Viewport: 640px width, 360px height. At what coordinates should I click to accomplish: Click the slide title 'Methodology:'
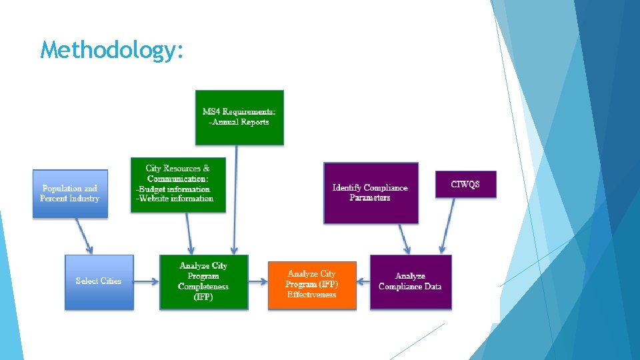point(111,49)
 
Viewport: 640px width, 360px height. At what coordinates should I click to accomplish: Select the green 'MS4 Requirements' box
point(239,117)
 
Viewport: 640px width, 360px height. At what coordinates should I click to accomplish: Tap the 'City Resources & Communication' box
point(178,185)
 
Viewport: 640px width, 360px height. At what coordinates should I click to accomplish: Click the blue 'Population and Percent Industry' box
point(70,193)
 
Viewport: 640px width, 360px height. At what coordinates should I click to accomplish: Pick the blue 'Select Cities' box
point(99,281)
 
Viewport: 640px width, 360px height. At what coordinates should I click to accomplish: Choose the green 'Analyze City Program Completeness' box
point(203,282)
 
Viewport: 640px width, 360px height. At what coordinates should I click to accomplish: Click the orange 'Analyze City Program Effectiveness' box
point(311,285)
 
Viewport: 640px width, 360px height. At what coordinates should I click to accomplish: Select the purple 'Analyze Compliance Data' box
point(410,281)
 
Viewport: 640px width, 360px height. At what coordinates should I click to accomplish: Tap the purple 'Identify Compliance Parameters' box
point(371,193)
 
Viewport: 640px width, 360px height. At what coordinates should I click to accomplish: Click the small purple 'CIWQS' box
point(465,184)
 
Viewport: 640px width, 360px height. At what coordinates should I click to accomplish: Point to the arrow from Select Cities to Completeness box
point(147,281)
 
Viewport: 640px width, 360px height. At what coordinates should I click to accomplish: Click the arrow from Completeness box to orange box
point(258,281)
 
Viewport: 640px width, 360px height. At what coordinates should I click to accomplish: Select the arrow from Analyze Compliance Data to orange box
point(363,281)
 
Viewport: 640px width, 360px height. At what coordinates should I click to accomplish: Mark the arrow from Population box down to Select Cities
point(85,235)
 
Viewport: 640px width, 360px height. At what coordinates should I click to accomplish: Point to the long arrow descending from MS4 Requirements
point(235,200)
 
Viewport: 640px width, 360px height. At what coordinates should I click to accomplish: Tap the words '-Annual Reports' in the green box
point(239,122)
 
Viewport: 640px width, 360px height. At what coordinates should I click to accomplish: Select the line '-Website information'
point(175,198)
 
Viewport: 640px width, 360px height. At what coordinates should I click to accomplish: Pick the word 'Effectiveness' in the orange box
point(311,295)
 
